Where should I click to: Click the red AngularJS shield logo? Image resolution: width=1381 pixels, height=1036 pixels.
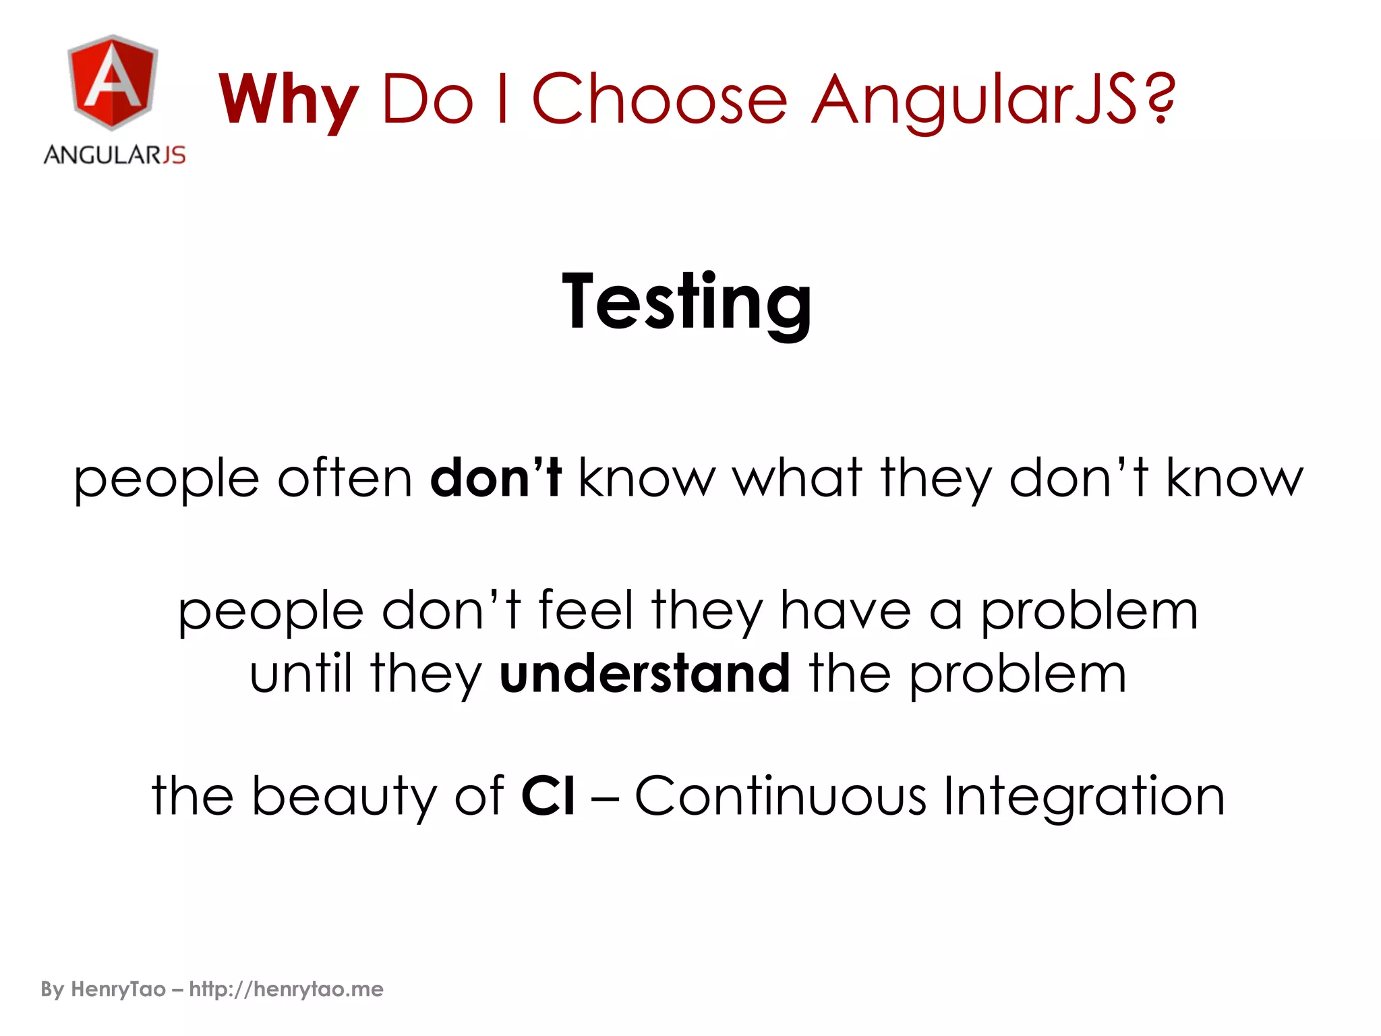click(x=113, y=82)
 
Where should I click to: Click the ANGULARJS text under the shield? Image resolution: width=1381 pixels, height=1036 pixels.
click(x=115, y=155)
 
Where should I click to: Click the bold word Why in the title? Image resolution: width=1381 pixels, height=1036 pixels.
click(x=289, y=100)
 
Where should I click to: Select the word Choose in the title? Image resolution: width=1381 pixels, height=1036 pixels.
click(x=659, y=100)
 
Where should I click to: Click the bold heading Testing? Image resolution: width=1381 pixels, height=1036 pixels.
click(x=687, y=301)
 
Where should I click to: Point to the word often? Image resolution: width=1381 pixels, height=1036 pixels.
click(x=345, y=478)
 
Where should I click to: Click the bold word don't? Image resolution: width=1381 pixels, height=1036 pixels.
click(x=496, y=477)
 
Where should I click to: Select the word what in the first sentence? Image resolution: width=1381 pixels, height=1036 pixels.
click(x=798, y=478)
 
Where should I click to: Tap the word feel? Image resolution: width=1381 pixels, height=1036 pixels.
click(x=586, y=610)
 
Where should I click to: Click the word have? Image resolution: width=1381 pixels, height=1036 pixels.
click(x=845, y=610)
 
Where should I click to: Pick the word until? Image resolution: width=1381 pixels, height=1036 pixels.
click(x=301, y=673)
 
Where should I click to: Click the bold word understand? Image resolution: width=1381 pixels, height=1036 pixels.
click(x=644, y=673)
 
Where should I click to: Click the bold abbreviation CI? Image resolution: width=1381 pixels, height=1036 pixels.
click(x=548, y=796)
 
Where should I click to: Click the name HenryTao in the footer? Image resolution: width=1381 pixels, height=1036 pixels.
click(x=118, y=989)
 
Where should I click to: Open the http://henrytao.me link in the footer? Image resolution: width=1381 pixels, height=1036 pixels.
click(x=286, y=989)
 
